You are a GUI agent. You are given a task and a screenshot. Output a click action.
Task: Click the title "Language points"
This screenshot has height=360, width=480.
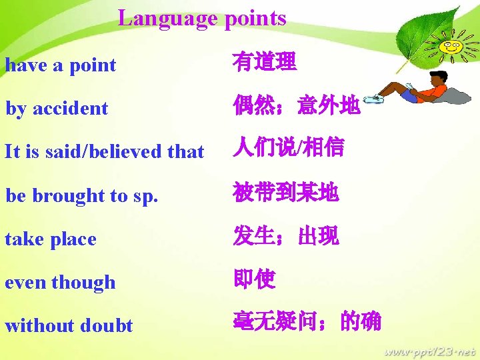(202, 18)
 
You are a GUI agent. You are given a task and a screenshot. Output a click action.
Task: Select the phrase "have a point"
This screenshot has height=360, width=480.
(61, 65)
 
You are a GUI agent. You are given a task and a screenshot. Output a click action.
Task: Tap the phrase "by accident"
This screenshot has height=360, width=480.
(57, 108)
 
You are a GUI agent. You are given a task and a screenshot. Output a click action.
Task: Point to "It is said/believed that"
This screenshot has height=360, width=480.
(104, 151)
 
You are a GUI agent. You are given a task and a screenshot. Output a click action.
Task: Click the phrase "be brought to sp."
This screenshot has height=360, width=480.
(82, 195)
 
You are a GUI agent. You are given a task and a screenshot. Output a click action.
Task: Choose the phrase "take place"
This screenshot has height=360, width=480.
(51, 239)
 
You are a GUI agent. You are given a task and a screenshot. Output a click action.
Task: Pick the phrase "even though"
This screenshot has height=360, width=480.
(60, 282)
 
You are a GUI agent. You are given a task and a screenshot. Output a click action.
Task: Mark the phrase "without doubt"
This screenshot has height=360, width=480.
(69, 325)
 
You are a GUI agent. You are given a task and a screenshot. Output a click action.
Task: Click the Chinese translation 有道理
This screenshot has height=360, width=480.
(265, 63)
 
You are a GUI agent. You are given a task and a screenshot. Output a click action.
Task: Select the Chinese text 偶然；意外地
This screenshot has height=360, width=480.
(297, 105)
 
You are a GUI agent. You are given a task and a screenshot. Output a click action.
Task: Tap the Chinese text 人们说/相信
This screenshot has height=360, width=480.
(288, 148)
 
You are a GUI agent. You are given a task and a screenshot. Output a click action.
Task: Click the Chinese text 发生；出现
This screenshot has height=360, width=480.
(286, 235)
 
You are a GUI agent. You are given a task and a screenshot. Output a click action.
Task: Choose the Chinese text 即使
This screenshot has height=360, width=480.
(254, 279)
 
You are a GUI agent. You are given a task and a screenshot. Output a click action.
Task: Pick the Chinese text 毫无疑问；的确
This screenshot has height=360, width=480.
(307, 322)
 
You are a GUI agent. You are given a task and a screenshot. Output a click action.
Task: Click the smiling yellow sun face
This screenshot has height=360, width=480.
(452, 47)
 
